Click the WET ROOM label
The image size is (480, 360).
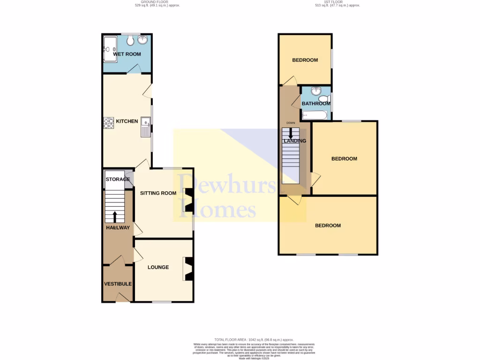click(x=127, y=54)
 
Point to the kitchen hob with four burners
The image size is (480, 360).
click(x=108, y=122)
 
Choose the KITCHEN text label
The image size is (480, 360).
click(x=127, y=121)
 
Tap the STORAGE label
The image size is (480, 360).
click(x=118, y=179)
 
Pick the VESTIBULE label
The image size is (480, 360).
click(x=118, y=284)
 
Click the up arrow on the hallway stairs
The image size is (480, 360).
click(x=115, y=216)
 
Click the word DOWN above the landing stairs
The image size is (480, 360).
click(x=291, y=123)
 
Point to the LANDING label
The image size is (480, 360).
click(x=294, y=141)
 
